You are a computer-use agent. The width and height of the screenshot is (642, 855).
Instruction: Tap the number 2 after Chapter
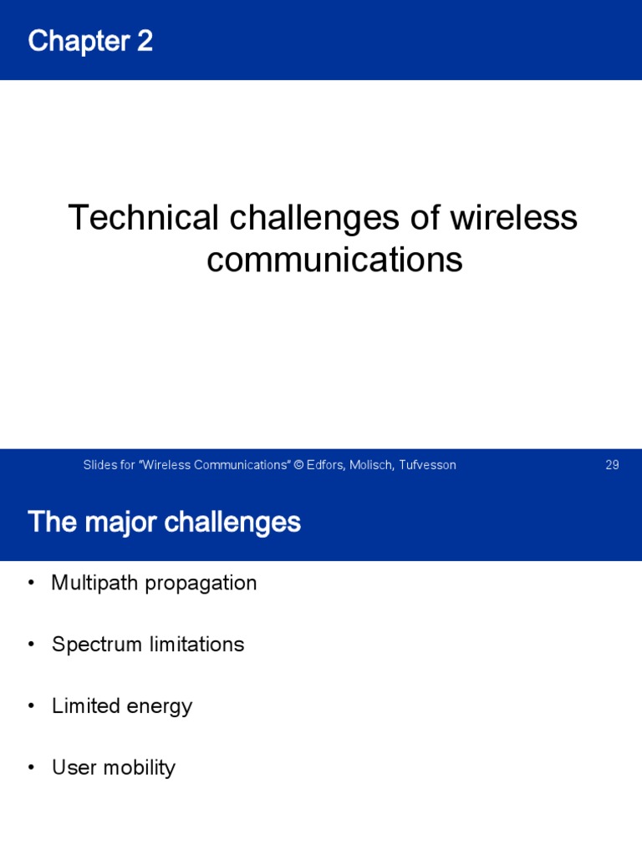tap(144, 41)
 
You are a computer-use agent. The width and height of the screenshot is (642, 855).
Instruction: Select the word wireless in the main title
tap(513, 218)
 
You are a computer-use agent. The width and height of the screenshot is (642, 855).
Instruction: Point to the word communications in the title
tap(334, 260)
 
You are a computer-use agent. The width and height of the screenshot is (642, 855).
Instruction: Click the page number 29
tap(612, 465)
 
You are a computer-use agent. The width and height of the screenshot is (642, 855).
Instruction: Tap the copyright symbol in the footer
tap(298, 465)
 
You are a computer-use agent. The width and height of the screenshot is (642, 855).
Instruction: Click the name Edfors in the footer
tap(326, 465)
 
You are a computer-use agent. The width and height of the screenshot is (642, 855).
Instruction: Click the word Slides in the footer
tap(98, 465)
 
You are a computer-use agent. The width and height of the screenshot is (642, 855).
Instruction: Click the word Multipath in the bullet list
tap(94, 583)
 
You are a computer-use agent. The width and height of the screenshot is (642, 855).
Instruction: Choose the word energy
tap(160, 707)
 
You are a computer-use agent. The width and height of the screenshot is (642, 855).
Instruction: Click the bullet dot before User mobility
tap(32, 768)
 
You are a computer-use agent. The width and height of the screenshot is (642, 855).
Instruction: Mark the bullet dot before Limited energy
tap(32, 706)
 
